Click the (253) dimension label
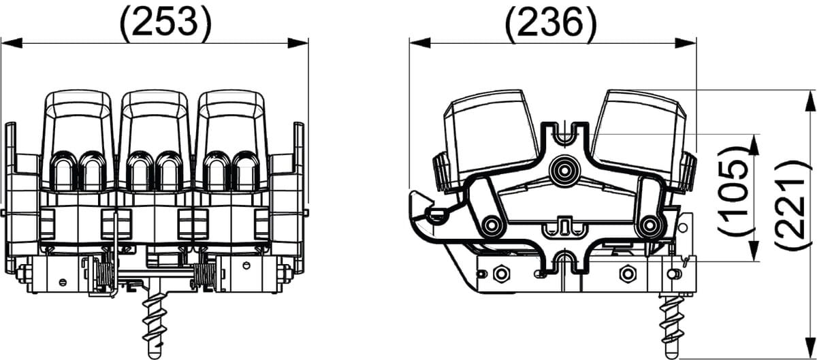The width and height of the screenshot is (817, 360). click(165, 22)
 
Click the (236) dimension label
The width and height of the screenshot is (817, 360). click(551, 22)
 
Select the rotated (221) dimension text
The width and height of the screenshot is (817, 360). click(790, 205)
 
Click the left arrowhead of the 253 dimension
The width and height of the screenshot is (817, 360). click(12, 43)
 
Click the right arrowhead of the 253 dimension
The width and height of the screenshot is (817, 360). click(298, 43)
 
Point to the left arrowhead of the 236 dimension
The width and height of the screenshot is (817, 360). click(420, 43)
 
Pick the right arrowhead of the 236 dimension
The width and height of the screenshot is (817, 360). click(686, 43)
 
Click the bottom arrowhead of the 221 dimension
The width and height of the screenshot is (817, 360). click(810, 347)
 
